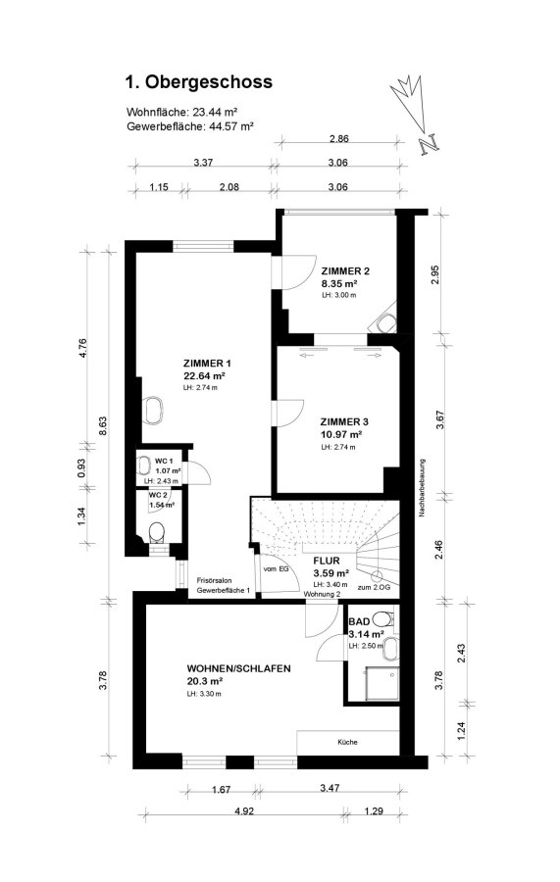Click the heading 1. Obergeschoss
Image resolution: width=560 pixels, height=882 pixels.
pos(198,82)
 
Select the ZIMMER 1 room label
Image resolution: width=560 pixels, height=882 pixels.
pos(207,363)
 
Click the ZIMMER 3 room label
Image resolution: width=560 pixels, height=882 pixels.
pos(344,421)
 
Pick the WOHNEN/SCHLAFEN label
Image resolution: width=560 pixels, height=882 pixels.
pos(238,668)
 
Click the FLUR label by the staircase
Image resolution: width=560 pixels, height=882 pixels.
pos(327,561)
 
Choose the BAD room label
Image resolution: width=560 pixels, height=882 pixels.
pos(359,621)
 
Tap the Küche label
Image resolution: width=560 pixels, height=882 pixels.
pos(347,742)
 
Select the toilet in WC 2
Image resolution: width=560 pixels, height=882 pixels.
pos(156,532)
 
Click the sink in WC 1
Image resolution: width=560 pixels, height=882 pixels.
pos(142,466)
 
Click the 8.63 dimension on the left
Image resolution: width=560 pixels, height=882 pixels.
pos(102,426)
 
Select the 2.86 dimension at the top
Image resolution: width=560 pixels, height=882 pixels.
pos(338,138)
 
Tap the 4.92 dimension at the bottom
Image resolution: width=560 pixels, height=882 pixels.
pos(244,810)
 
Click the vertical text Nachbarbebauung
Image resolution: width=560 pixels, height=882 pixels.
pos(422,488)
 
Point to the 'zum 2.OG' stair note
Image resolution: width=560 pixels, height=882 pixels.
pos(374,587)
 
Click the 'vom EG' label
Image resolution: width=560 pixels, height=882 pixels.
pos(276,569)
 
